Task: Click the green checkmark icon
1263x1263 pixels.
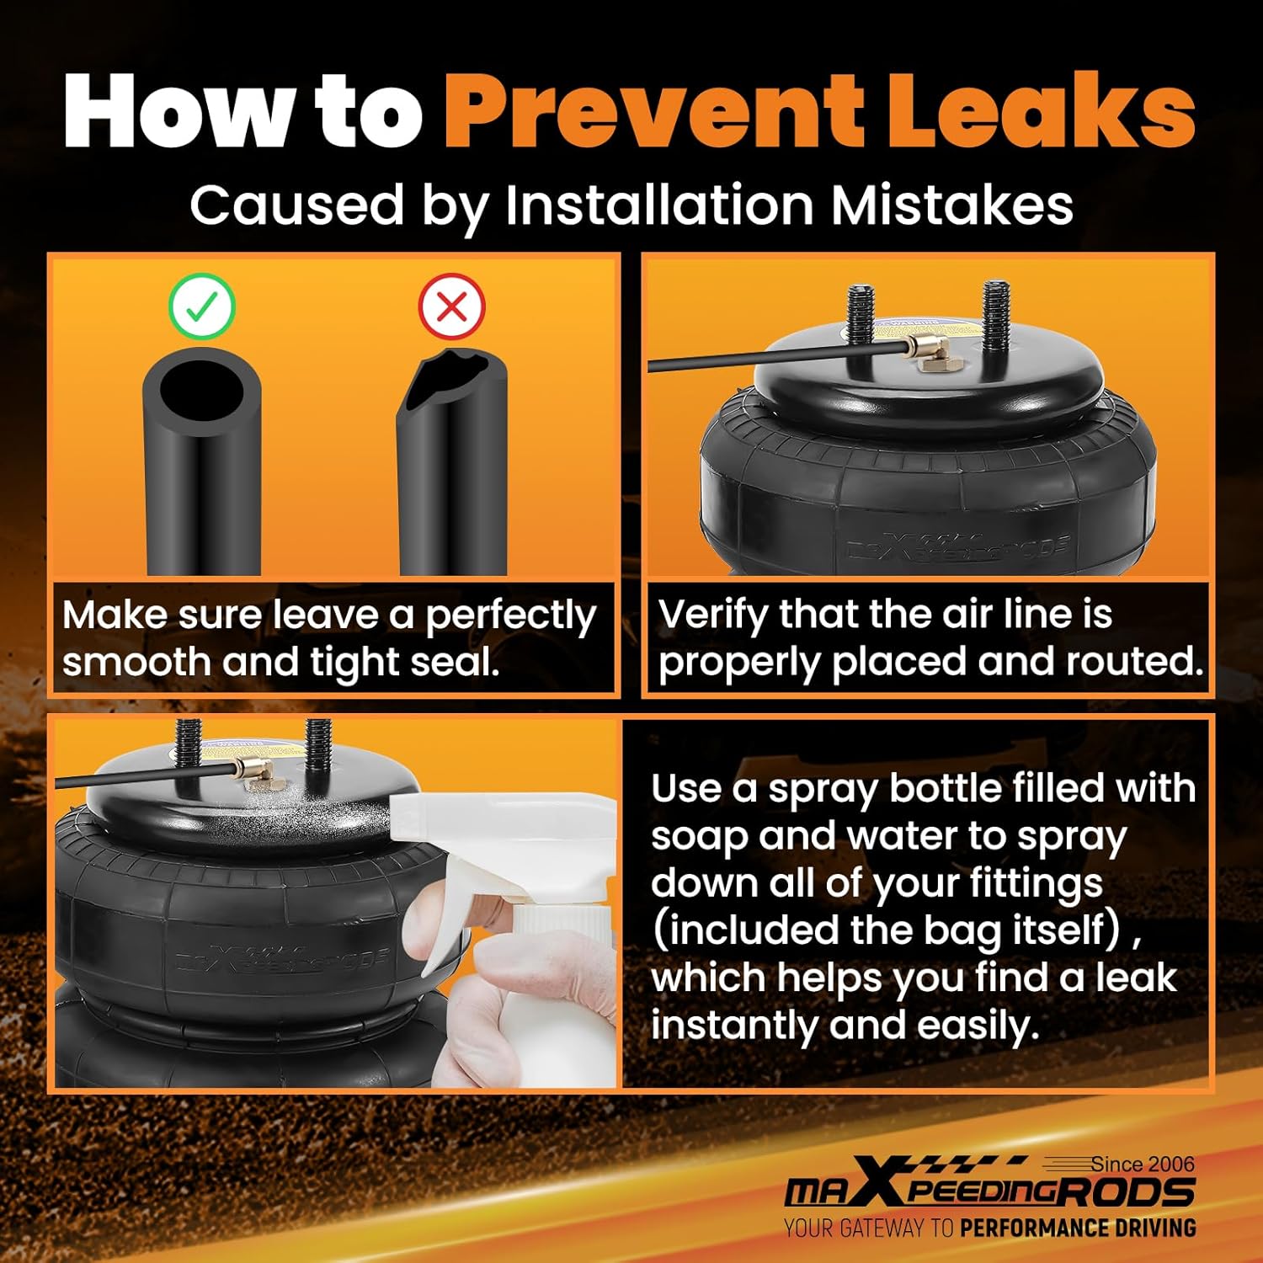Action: pos(201,307)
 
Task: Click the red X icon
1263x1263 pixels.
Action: pos(451,307)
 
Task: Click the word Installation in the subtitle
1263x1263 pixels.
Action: pos(659,205)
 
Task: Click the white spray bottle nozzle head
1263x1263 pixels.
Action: pos(438,825)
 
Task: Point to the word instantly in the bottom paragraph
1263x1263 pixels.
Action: pos(733,1026)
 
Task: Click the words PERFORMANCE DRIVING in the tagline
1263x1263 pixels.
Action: pos(1078,1228)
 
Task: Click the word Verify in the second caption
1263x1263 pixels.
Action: pos(712,615)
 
